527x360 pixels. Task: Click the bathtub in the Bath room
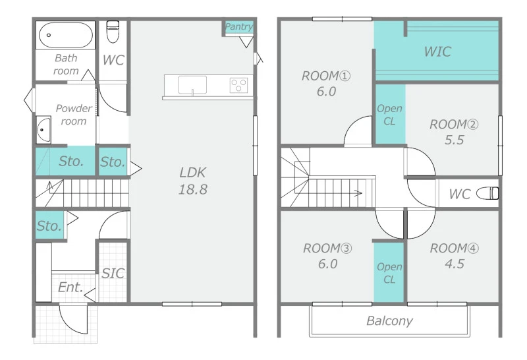pyautogui.click(x=66, y=35)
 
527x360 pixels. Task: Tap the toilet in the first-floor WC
pyautogui.click(x=113, y=32)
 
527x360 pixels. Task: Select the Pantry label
pyautogui.click(x=238, y=26)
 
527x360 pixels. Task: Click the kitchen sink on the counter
pyautogui.click(x=192, y=86)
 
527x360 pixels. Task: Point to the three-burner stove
pyautogui.click(x=239, y=85)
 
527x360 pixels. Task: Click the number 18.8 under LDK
pyautogui.click(x=192, y=189)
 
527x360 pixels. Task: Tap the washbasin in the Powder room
pyautogui.click(x=43, y=129)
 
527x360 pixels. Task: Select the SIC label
pyautogui.click(x=113, y=274)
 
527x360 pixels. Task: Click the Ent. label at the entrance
pyautogui.click(x=70, y=287)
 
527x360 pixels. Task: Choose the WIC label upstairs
pyautogui.click(x=437, y=51)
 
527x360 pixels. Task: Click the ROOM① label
pyautogui.click(x=325, y=76)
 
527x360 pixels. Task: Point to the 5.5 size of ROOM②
pyautogui.click(x=454, y=140)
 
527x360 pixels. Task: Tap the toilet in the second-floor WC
pyautogui.click(x=487, y=193)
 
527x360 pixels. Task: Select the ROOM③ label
pyautogui.click(x=327, y=249)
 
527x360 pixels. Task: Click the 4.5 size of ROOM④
pyautogui.click(x=455, y=264)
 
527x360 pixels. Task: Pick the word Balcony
pyautogui.click(x=389, y=321)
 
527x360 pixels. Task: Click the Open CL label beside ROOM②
pyautogui.click(x=389, y=115)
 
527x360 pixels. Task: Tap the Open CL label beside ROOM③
pyautogui.click(x=389, y=273)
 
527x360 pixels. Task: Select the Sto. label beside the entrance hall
pyautogui.click(x=49, y=225)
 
